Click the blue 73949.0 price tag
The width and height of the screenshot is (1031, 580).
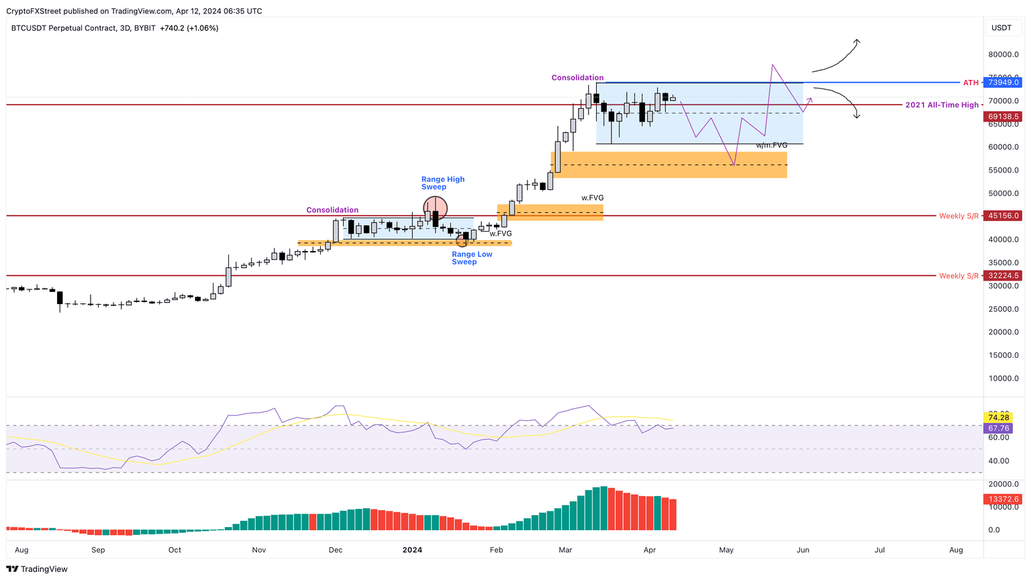pos(1003,83)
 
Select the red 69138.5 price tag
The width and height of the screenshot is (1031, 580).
pos(1003,116)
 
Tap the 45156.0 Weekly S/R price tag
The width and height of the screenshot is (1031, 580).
pos(1003,215)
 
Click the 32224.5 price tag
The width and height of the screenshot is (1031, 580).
pos(1003,275)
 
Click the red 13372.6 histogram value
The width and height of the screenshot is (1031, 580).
pos(1003,499)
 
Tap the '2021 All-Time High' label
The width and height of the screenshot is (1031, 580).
pos(942,105)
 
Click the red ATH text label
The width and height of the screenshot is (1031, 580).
pos(971,83)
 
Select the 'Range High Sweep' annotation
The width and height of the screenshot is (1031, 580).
pos(442,183)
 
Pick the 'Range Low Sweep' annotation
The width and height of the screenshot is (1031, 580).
pos(472,258)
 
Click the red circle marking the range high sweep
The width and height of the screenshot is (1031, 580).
pos(435,208)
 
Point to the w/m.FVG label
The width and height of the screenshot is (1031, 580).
pos(771,145)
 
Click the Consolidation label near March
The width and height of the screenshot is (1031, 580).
pos(577,78)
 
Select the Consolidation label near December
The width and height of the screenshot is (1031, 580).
pos(332,210)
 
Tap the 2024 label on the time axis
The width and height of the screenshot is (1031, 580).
pos(412,550)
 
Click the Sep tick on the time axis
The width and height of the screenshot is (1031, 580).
pos(98,550)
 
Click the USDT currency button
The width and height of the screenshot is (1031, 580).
pos(1001,28)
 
